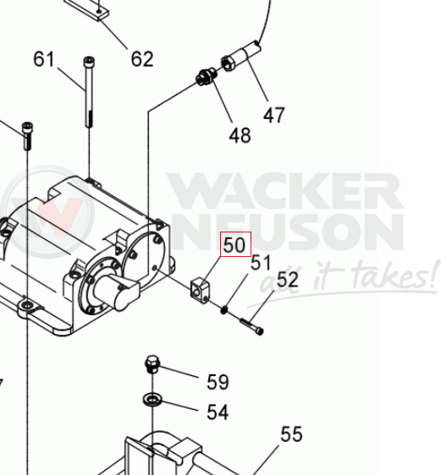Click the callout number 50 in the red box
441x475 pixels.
point(234,245)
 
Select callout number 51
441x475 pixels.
point(261,263)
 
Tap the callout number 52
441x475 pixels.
point(287,279)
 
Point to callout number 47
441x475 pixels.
point(274,115)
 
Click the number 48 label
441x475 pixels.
point(240,135)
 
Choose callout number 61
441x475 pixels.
point(44,59)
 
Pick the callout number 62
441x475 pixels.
point(142,59)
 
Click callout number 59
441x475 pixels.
point(218,382)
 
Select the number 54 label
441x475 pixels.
point(218,412)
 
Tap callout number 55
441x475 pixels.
point(291,434)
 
